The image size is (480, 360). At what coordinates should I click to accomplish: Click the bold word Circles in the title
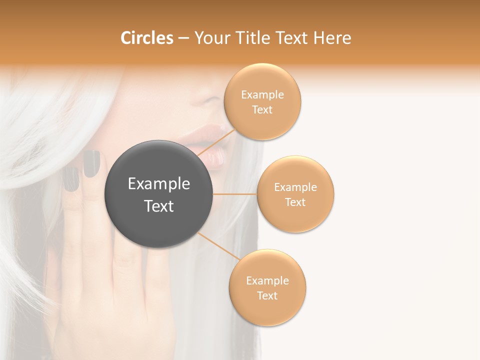click(147, 38)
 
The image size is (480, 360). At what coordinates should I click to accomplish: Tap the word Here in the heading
click(332, 38)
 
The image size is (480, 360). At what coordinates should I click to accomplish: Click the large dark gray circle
click(158, 194)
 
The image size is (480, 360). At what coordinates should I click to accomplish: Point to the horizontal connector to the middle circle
click(234, 194)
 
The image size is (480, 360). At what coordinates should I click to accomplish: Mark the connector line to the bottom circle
click(218, 246)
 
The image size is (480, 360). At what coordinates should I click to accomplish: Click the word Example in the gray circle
click(159, 184)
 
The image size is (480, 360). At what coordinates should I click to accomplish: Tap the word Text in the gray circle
click(159, 206)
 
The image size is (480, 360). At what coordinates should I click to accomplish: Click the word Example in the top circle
click(262, 95)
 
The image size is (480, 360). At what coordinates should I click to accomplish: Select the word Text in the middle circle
click(295, 202)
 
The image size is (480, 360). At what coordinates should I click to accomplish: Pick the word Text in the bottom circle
click(267, 295)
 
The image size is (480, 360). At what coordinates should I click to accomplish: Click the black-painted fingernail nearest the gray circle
click(91, 164)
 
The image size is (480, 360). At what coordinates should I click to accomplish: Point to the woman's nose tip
click(210, 99)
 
